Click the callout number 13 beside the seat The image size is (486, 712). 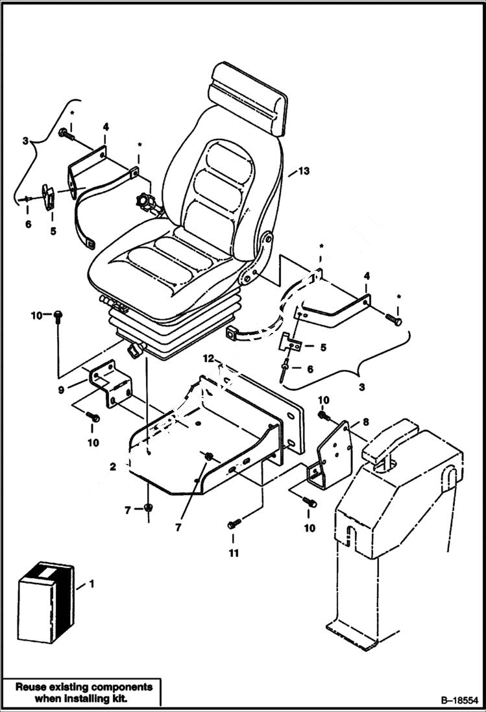[304, 172]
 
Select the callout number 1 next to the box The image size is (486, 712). [91, 584]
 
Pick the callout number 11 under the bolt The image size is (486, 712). [234, 554]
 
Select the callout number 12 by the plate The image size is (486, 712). [208, 358]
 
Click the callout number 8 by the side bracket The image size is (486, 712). [365, 422]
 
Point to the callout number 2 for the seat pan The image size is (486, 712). [113, 466]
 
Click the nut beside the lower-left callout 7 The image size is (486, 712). [148, 509]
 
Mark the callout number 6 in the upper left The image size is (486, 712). [28, 225]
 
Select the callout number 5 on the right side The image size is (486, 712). [322, 348]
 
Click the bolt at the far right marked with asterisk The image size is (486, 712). [393, 321]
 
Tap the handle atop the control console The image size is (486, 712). [389, 441]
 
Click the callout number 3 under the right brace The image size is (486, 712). [361, 387]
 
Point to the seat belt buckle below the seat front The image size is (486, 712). [136, 350]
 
